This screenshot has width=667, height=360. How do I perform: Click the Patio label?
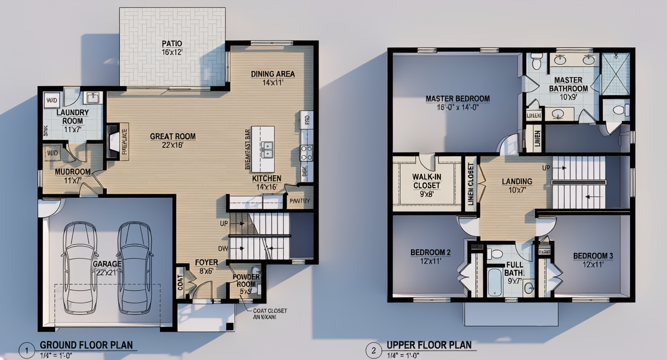point(172,47)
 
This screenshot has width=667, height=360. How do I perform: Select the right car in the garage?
point(135,267)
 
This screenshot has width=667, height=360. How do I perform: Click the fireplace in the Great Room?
point(113,141)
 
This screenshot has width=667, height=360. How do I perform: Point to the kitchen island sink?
point(266,149)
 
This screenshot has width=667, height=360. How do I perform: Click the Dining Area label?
point(273,78)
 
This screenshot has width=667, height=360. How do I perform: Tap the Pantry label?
point(300,202)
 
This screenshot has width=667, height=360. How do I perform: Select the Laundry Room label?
point(73,117)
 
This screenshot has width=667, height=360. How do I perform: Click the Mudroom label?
point(73,176)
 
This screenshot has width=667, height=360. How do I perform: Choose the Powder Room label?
point(246,281)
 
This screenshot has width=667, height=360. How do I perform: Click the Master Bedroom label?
point(458,102)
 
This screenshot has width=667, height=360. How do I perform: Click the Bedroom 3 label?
point(593,260)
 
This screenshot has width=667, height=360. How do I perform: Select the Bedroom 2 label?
point(430,257)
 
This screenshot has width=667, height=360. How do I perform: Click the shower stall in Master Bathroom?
point(615,74)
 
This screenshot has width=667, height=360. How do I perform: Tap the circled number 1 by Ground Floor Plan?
point(27,351)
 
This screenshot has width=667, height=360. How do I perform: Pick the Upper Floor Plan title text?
point(429,345)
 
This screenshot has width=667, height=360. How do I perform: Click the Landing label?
point(517,185)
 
